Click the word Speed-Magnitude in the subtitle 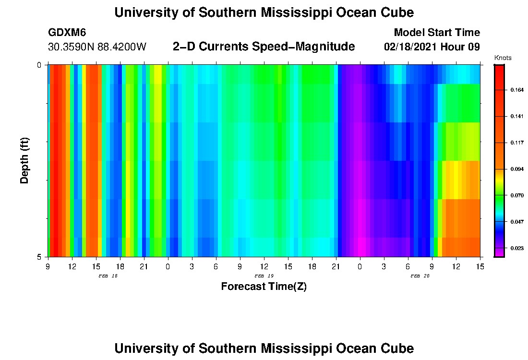pyautogui.click(x=308, y=47)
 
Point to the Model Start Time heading pyautogui.click(x=436, y=33)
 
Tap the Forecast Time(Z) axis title pyautogui.click(x=264, y=287)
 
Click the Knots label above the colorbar pyautogui.click(x=503, y=58)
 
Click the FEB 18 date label pyautogui.click(x=108, y=276)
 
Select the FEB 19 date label pyautogui.click(x=264, y=276)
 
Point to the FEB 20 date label pyautogui.click(x=420, y=276)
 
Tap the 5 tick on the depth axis pyautogui.click(x=40, y=257)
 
